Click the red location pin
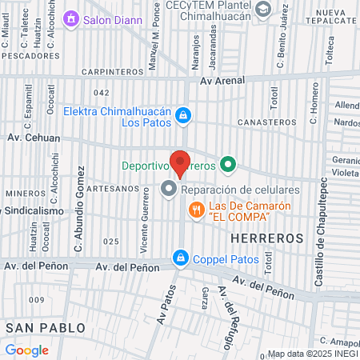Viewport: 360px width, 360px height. pos(180,163)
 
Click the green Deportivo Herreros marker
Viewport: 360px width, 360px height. pos(228,166)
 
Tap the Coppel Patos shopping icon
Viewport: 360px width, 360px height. pos(181,258)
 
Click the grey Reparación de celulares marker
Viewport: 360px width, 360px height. pos(169,190)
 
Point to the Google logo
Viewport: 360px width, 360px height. pos(27,350)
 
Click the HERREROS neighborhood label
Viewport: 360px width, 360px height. pos(267,238)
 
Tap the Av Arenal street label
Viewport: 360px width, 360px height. pos(220,80)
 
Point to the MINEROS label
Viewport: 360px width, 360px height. pos(21,193)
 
